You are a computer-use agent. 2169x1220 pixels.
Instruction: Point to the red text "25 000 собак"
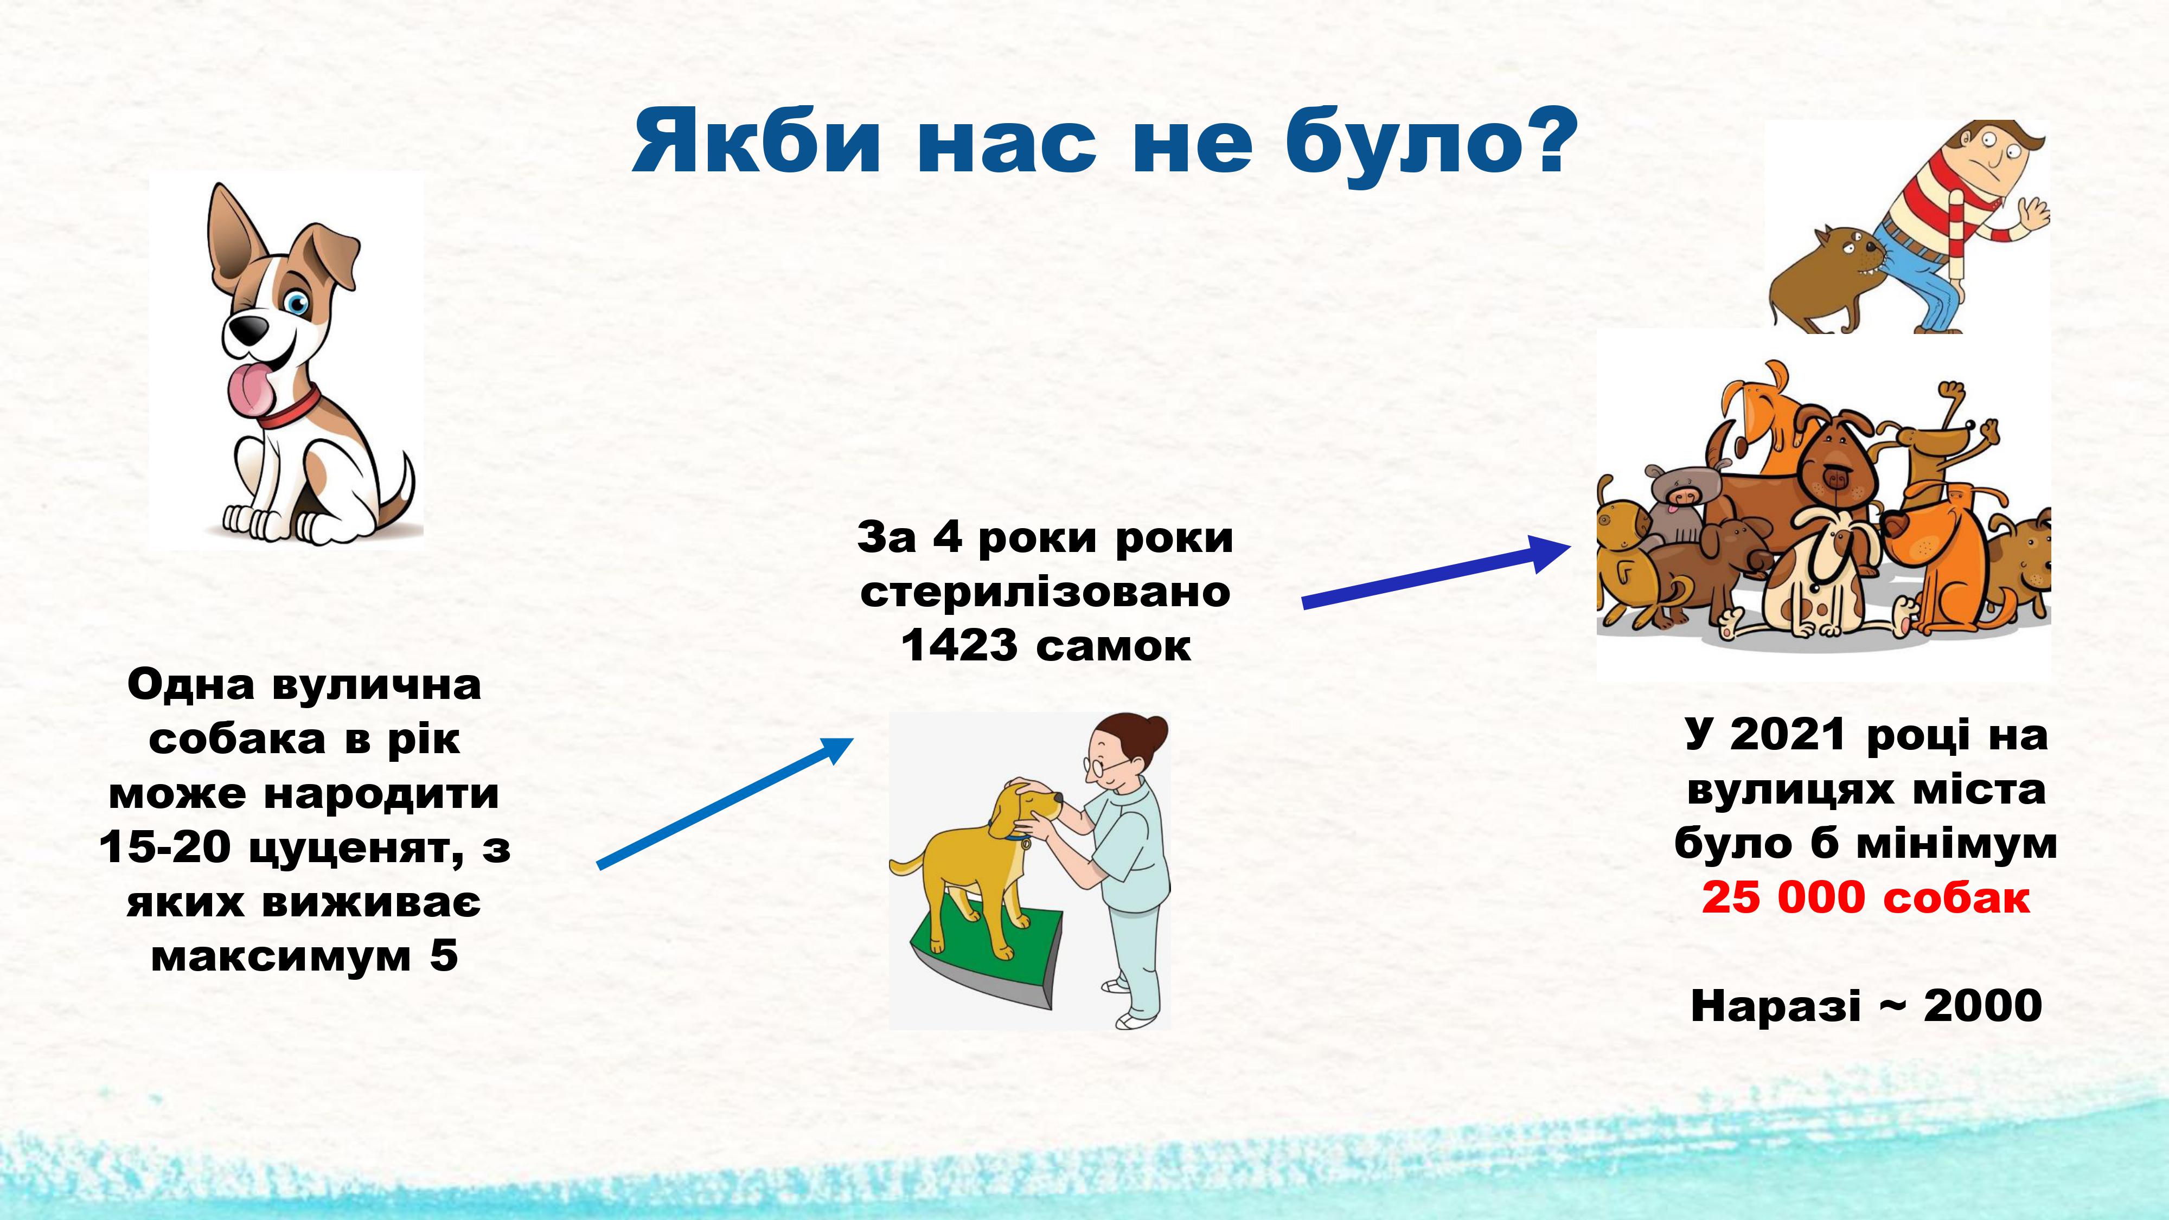point(1865,897)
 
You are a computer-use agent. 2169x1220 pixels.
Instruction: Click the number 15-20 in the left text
point(163,847)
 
